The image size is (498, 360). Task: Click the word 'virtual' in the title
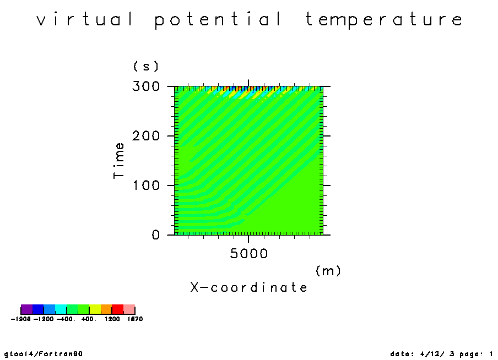coord(85,19)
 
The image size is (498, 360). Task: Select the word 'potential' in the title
coord(218,20)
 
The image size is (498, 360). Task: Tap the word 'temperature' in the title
coord(383,20)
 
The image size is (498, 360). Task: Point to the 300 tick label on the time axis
coord(146,86)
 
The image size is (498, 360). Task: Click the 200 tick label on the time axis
coord(146,136)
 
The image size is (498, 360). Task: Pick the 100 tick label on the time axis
coord(147,186)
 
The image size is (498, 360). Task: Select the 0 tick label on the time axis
coord(155,235)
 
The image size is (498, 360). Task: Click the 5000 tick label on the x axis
coord(248,254)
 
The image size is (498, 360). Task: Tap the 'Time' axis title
coord(119,161)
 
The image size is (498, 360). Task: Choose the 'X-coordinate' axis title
coord(248,287)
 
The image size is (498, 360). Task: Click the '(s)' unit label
coord(146,66)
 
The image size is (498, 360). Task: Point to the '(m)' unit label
coord(328,271)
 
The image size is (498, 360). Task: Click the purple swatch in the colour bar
coord(26,309)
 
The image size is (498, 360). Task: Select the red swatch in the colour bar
coord(118,309)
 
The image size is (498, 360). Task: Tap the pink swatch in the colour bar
coord(129,309)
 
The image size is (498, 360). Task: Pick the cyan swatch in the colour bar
coord(61,309)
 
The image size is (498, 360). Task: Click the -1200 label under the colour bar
coord(44,319)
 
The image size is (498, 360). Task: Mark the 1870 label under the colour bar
coord(135,319)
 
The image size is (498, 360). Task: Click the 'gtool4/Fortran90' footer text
coord(44,353)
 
